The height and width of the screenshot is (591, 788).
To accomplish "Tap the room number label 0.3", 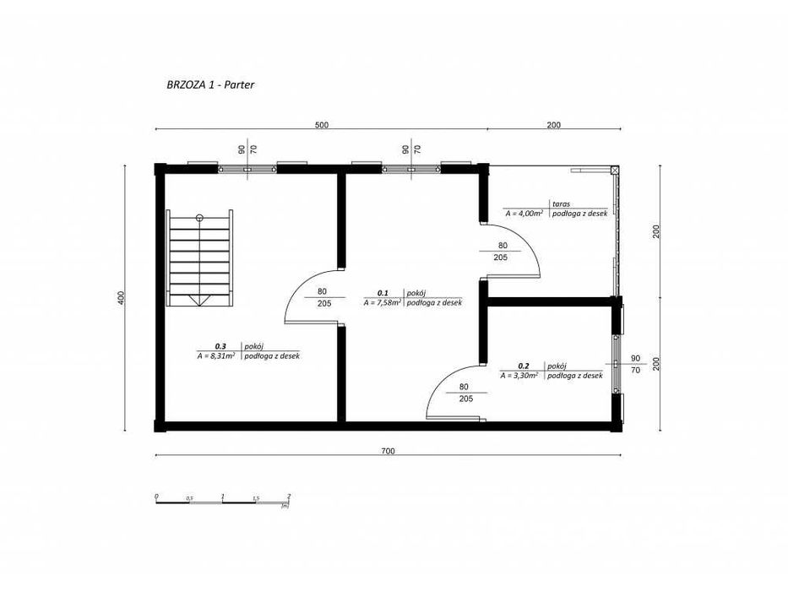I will click(x=220, y=346).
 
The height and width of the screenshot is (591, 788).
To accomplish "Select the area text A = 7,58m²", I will click(x=383, y=302).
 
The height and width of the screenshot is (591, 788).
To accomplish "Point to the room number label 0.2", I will click(x=523, y=366).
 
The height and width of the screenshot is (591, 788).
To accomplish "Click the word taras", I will click(x=561, y=203).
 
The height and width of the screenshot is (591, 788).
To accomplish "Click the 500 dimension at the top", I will click(x=321, y=125).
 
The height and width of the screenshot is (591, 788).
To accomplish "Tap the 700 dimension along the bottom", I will click(x=388, y=452).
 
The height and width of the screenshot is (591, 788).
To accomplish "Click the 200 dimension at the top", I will click(x=554, y=125).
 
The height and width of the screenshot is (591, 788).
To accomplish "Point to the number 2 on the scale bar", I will click(x=289, y=496).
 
